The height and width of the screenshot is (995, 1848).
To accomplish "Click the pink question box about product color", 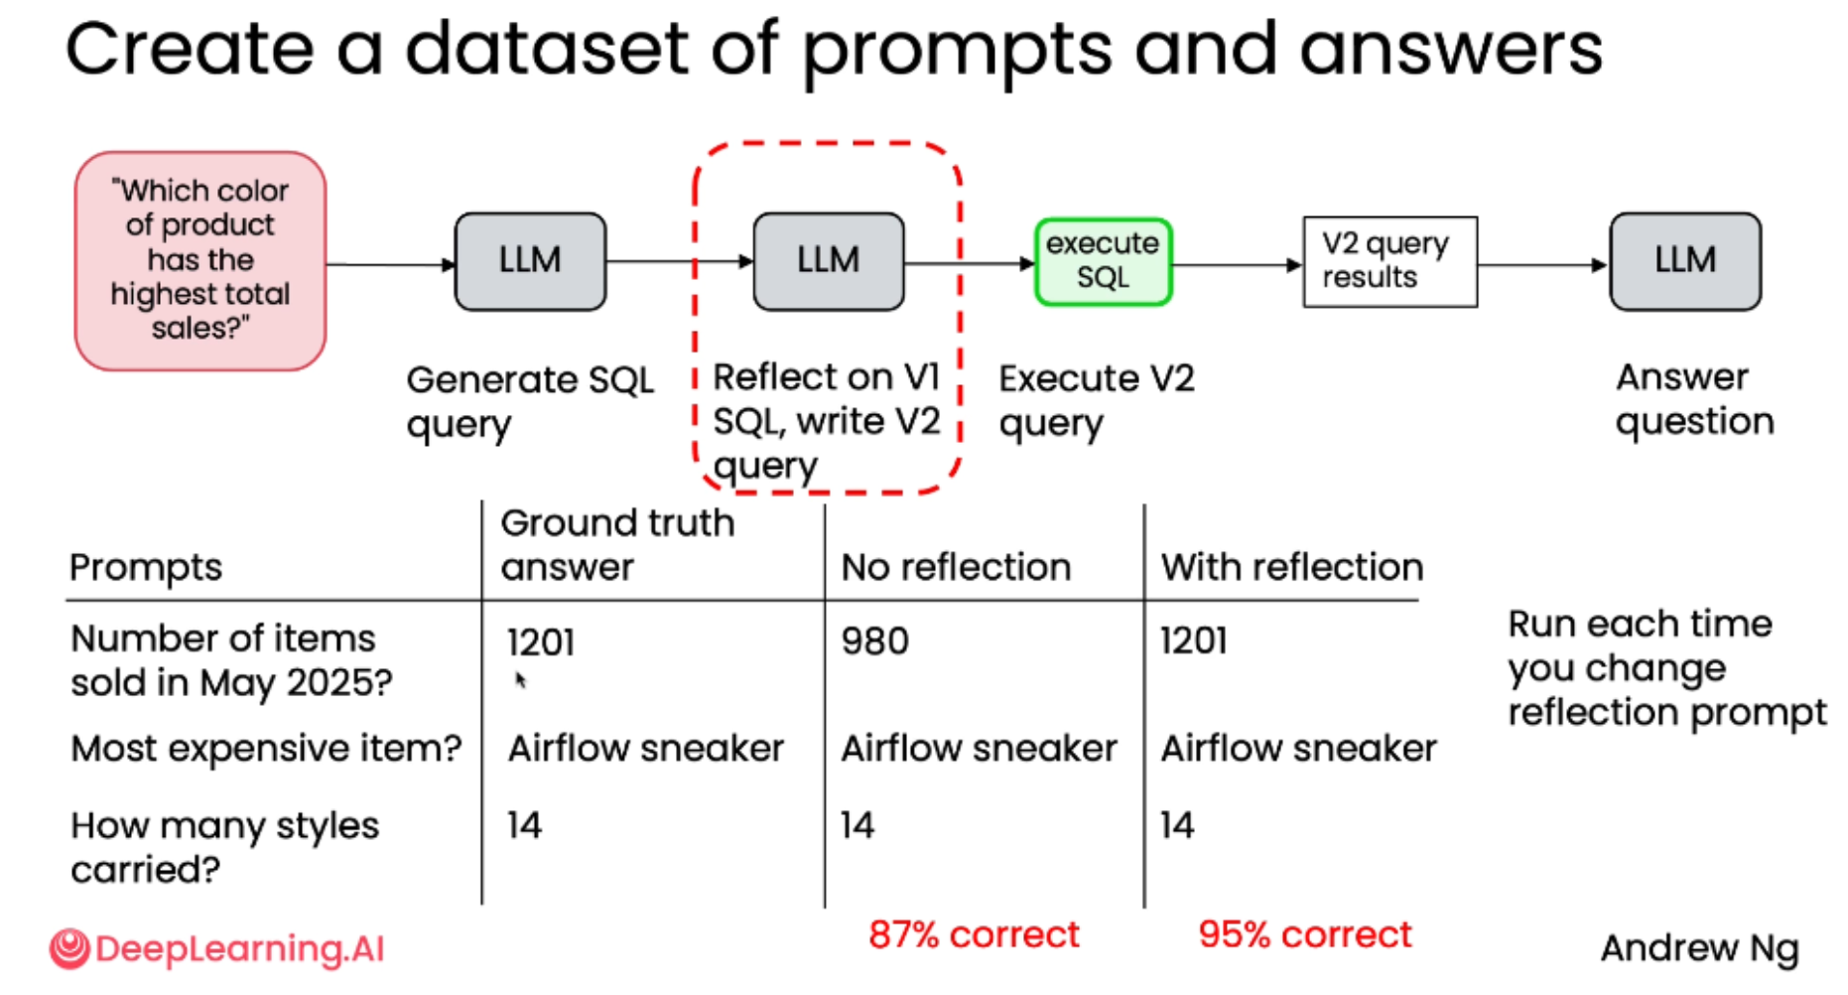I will pos(200,260).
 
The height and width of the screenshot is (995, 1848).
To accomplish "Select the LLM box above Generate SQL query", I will pos(530,261).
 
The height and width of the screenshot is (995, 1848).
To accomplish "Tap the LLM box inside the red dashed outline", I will pos(829,261).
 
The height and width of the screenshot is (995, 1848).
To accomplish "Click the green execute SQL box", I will pos(1103,262).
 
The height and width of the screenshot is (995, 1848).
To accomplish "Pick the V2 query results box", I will pos(1389,262).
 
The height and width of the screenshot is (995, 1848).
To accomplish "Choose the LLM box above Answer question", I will pos(1685,261).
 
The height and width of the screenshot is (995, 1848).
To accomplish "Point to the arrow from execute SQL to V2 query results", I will pos(1237,265).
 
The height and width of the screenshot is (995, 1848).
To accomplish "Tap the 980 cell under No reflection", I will pos(874,641).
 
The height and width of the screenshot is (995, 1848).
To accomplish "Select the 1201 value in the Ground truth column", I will pos(541,642).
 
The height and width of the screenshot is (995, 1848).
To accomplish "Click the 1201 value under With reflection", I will pos(1194,641).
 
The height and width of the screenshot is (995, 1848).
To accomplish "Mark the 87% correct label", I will pos(974,934).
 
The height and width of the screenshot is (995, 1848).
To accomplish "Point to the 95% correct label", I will pos(1304,934).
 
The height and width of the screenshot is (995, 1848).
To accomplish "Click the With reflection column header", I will pos(1292,567).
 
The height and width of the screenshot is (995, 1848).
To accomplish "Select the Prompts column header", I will pos(146,567).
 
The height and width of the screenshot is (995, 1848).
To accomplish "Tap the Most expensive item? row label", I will pos(266,748).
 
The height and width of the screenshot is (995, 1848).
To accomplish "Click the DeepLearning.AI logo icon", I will pos(69,948).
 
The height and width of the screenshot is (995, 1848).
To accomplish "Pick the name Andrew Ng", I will pos(1699,948).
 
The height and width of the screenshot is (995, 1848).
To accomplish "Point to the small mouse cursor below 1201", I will pos(520,680).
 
